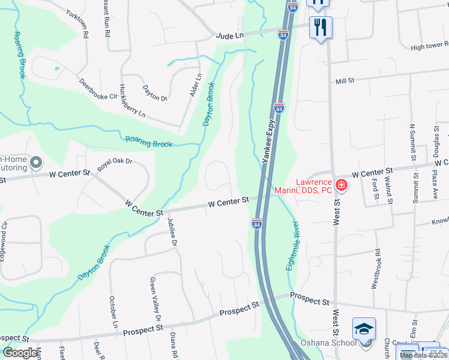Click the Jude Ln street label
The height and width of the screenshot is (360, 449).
click(231, 37)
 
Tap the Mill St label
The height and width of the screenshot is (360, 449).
click(345, 81)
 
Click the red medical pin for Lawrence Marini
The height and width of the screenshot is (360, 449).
click(341, 185)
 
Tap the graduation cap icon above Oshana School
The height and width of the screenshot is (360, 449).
click(364, 329)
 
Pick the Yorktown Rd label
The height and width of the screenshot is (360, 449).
click(77, 23)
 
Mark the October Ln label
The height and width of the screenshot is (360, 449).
click(113, 312)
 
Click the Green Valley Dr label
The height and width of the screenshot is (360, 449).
click(156, 299)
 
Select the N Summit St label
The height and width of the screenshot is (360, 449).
click(412, 143)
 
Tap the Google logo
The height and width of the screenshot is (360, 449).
click(20, 353)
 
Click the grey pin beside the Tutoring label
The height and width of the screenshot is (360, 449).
click(37, 163)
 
